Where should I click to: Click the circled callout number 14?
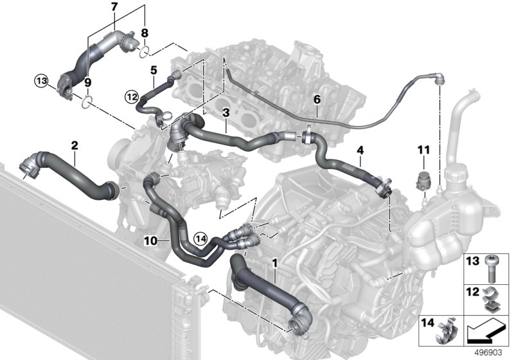coord(200,239)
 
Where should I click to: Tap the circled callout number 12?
coord(132,97)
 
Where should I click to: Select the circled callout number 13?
coord(42,81)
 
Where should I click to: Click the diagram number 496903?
coord(488,353)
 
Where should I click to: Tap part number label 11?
coord(423,150)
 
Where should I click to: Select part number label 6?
coord(317,99)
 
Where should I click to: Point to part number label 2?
coord(75,145)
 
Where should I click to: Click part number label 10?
coord(151,241)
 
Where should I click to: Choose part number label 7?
coord(114,6)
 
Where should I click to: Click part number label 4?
coord(360,150)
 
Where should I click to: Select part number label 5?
coord(154,70)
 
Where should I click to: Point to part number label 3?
coord(226,113)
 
